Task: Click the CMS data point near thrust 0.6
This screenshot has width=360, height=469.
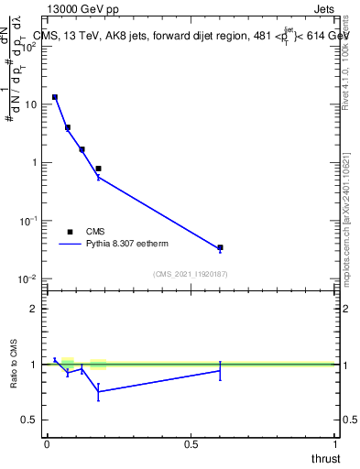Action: click(x=220, y=247)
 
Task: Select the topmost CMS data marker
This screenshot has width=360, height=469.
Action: click(x=55, y=97)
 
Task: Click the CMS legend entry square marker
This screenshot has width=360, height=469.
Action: click(x=70, y=232)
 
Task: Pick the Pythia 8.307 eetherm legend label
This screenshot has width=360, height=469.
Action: click(x=127, y=245)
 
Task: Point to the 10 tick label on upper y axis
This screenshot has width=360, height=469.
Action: click(x=30, y=104)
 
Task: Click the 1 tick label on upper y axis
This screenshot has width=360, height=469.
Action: click(x=34, y=163)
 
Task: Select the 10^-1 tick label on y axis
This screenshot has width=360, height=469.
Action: click(x=29, y=221)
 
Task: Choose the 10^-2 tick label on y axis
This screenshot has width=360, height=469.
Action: click(x=29, y=278)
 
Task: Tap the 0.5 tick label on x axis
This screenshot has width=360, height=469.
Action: click(x=191, y=443)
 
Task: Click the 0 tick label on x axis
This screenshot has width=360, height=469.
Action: click(x=47, y=443)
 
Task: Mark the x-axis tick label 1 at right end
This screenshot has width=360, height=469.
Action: click(x=334, y=443)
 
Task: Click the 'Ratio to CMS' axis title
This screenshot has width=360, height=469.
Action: click(x=15, y=365)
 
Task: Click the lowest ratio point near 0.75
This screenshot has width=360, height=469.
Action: click(x=98, y=392)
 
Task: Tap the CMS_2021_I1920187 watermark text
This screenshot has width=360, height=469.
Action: click(x=191, y=274)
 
